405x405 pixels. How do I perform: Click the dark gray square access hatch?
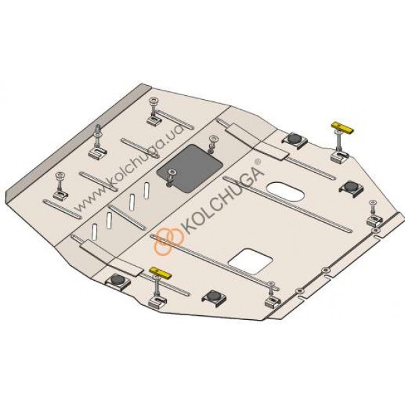coord(190,168)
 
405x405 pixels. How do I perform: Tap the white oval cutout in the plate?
coord(286,192)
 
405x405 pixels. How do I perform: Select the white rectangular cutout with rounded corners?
coord(250,261)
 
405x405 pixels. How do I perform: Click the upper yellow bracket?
coord(342,128)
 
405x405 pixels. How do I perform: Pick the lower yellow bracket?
coord(161,273)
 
